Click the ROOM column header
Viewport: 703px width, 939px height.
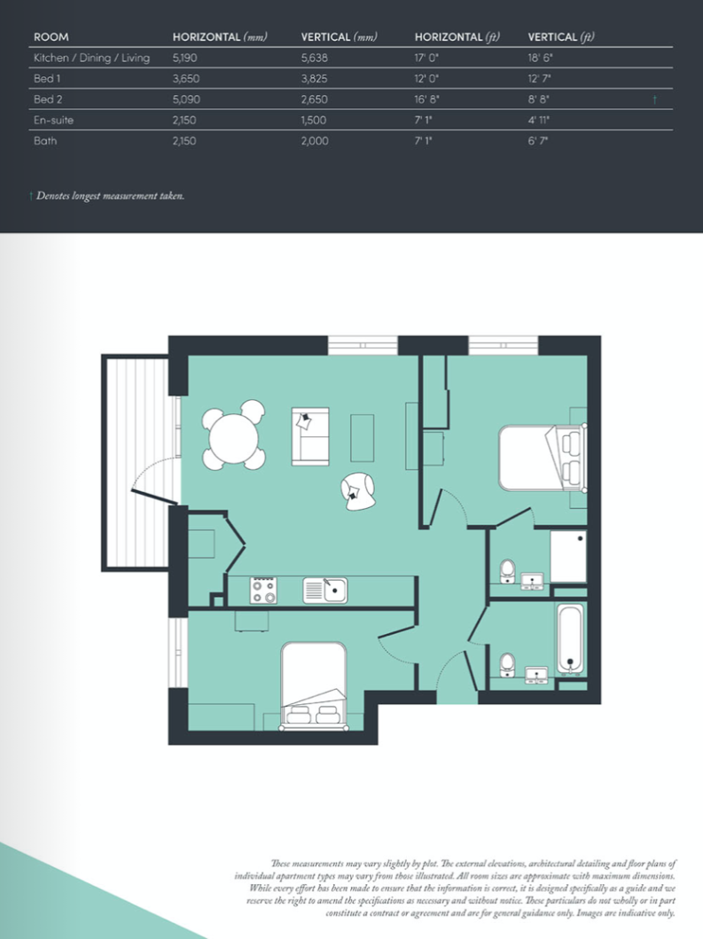51,37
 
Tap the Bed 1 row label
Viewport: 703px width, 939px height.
47,79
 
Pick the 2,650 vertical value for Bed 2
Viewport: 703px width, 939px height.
316,99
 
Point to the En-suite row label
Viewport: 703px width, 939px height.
53,120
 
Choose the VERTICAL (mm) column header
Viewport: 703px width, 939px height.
340,37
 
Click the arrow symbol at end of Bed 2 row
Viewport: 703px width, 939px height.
654,99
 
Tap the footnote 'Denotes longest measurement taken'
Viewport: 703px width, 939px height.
110,195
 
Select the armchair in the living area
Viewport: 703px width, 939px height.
359,491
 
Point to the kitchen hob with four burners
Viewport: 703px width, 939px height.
263,591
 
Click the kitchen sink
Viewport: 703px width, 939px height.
324,590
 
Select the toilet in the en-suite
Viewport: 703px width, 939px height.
508,571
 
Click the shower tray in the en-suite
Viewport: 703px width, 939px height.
568,557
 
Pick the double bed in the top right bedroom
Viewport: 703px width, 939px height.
541,458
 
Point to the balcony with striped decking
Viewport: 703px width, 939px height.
133,461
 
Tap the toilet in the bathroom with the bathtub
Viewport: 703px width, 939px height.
508,664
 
